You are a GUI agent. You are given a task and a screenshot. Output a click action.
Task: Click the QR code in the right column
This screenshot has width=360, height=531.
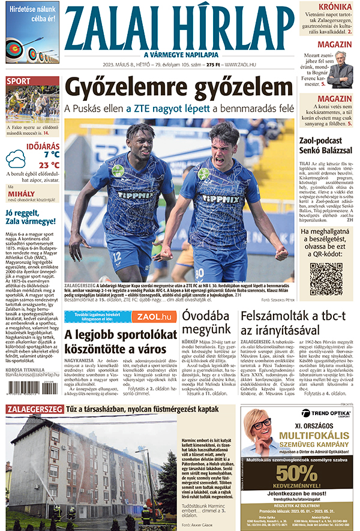tap(326, 279)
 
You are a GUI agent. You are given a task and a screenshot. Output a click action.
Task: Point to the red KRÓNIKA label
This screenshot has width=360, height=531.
tap(335, 7)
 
